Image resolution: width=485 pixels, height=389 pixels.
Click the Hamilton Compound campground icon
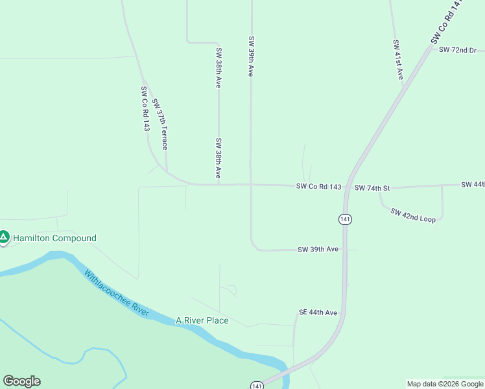4,238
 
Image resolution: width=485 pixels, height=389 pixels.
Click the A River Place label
202,320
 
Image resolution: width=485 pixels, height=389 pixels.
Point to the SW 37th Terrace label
160,124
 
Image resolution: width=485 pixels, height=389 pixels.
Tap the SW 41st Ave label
398,60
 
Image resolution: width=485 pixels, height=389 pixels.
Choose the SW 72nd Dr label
457,50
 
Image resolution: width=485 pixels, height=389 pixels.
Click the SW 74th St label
372,188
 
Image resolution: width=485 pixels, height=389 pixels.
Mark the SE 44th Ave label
318,312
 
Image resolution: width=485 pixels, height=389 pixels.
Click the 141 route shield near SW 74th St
345,220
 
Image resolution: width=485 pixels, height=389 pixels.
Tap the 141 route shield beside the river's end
257,385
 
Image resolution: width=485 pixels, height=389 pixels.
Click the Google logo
21,381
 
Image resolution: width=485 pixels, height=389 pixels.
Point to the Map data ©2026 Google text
445,384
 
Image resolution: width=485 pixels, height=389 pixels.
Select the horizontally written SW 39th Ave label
318,249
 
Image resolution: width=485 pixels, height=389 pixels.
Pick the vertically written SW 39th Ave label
250,56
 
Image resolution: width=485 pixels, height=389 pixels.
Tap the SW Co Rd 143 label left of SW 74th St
318,187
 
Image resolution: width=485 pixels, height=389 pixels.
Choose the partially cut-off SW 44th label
473,185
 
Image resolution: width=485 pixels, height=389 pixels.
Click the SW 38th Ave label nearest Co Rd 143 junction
219,158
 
